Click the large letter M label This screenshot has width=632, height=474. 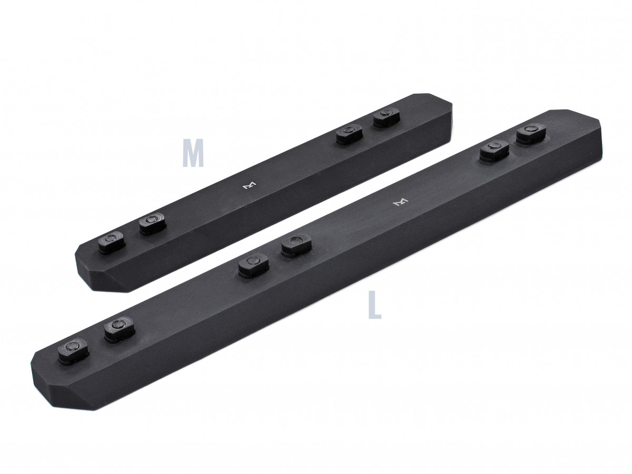(193, 153)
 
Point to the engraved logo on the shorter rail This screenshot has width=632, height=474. (248, 186)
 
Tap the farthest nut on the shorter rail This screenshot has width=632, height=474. (385, 118)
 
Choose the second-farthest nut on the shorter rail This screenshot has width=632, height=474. (348, 135)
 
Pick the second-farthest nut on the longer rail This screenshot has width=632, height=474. (493, 152)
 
